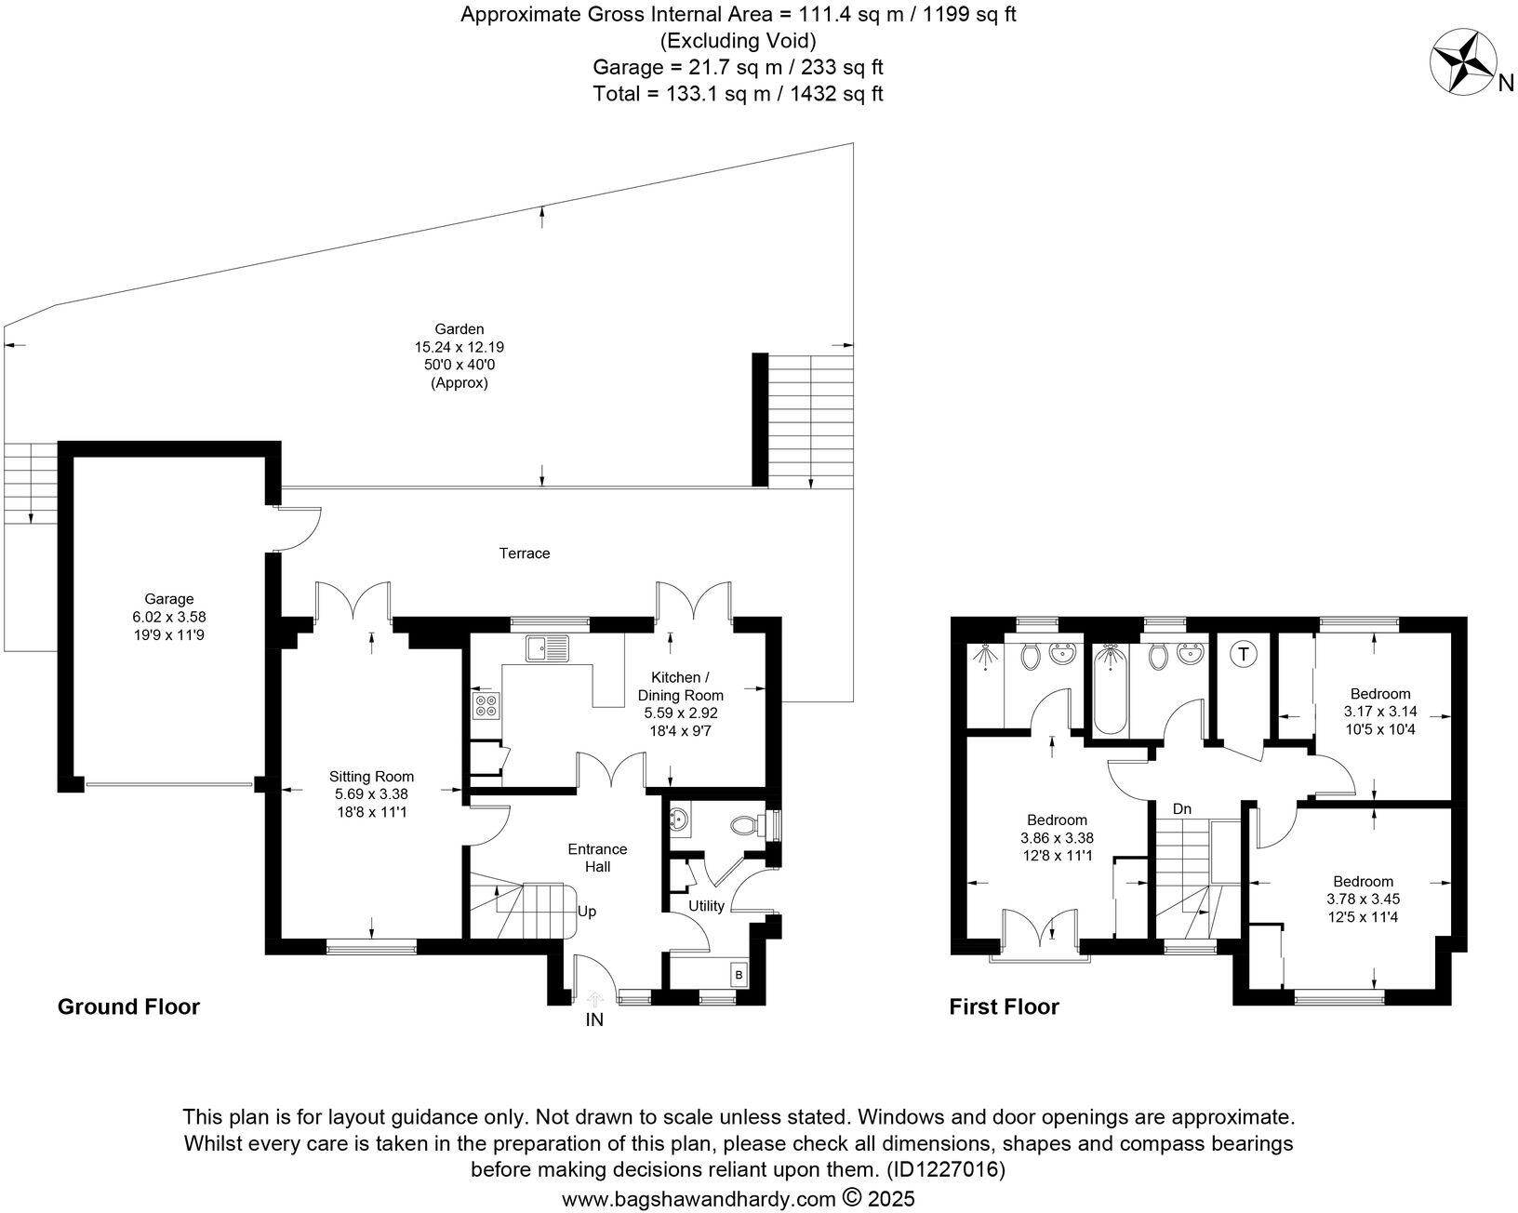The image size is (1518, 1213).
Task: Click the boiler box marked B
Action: click(739, 974)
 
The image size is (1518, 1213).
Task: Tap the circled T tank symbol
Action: click(1243, 654)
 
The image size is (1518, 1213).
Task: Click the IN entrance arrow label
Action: click(594, 1020)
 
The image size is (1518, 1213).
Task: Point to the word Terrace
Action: click(525, 553)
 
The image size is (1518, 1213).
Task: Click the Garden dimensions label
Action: click(459, 355)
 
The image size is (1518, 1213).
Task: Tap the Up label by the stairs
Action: click(587, 912)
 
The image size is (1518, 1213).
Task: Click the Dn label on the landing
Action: click(1182, 809)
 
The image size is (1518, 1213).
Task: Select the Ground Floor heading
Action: click(128, 1006)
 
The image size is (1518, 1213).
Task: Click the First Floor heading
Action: click(1004, 1006)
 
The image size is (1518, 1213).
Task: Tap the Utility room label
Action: click(706, 906)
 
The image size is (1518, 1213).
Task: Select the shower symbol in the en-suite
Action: click(984, 658)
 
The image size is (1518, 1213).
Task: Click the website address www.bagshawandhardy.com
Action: click(699, 1199)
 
